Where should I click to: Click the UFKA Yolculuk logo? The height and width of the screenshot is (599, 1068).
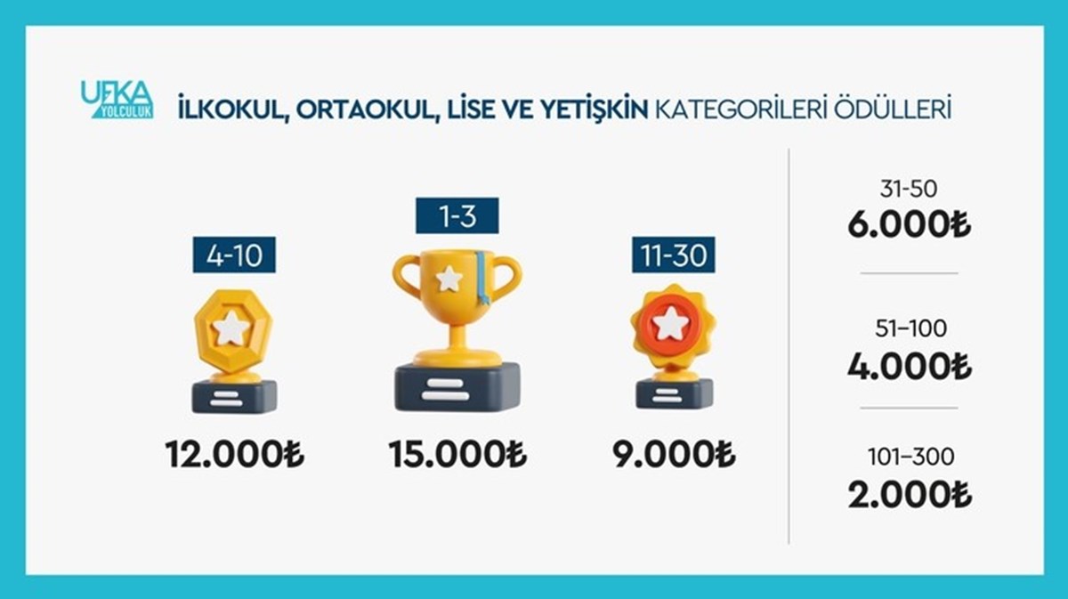[117, 99]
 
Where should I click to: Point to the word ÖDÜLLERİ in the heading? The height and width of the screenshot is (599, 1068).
[893, 109]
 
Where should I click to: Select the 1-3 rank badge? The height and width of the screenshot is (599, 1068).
[457, 215]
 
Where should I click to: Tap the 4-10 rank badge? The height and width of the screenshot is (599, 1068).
[234, 255]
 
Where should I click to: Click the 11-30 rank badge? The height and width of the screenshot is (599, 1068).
[673, 255]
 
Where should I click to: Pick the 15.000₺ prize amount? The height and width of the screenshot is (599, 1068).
[457, 454]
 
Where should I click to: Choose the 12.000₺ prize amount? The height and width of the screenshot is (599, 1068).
[235, 454]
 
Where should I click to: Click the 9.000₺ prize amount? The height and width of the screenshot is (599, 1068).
[674, 454]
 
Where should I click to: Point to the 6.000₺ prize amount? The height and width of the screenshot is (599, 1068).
[910, 224]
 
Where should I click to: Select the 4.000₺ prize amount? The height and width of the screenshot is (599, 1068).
[910, 367]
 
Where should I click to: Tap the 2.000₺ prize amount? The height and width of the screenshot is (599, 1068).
[910, 495]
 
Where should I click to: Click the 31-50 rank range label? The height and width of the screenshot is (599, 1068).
[909, 189]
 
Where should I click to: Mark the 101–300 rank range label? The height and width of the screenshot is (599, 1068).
[910, 457]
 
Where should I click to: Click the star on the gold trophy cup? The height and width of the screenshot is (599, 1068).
[449, 279]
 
